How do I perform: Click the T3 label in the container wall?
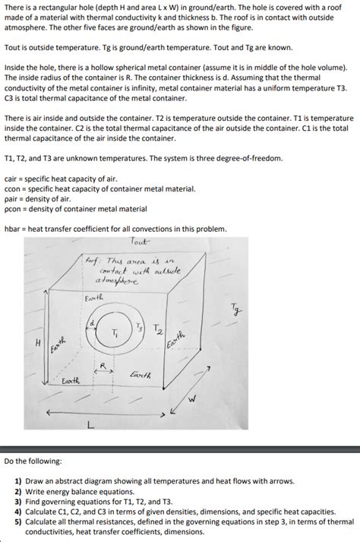pos(140,327)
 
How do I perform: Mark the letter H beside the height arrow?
pos(39,343)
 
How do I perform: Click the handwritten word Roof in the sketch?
pos(92,260)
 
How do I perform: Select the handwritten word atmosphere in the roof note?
pos(118,281)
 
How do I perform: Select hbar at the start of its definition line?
pos(14,228)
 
